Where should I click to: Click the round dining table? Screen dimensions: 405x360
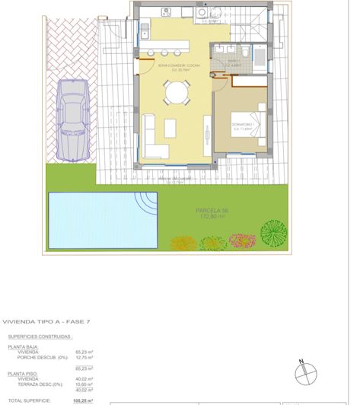pos(177,93)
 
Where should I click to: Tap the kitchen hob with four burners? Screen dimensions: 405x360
pos(166,12)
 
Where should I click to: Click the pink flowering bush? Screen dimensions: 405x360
pos(241,241)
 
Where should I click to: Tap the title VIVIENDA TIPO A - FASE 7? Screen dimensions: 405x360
pos(46,322)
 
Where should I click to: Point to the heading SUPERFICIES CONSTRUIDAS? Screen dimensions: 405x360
pos(40,336)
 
